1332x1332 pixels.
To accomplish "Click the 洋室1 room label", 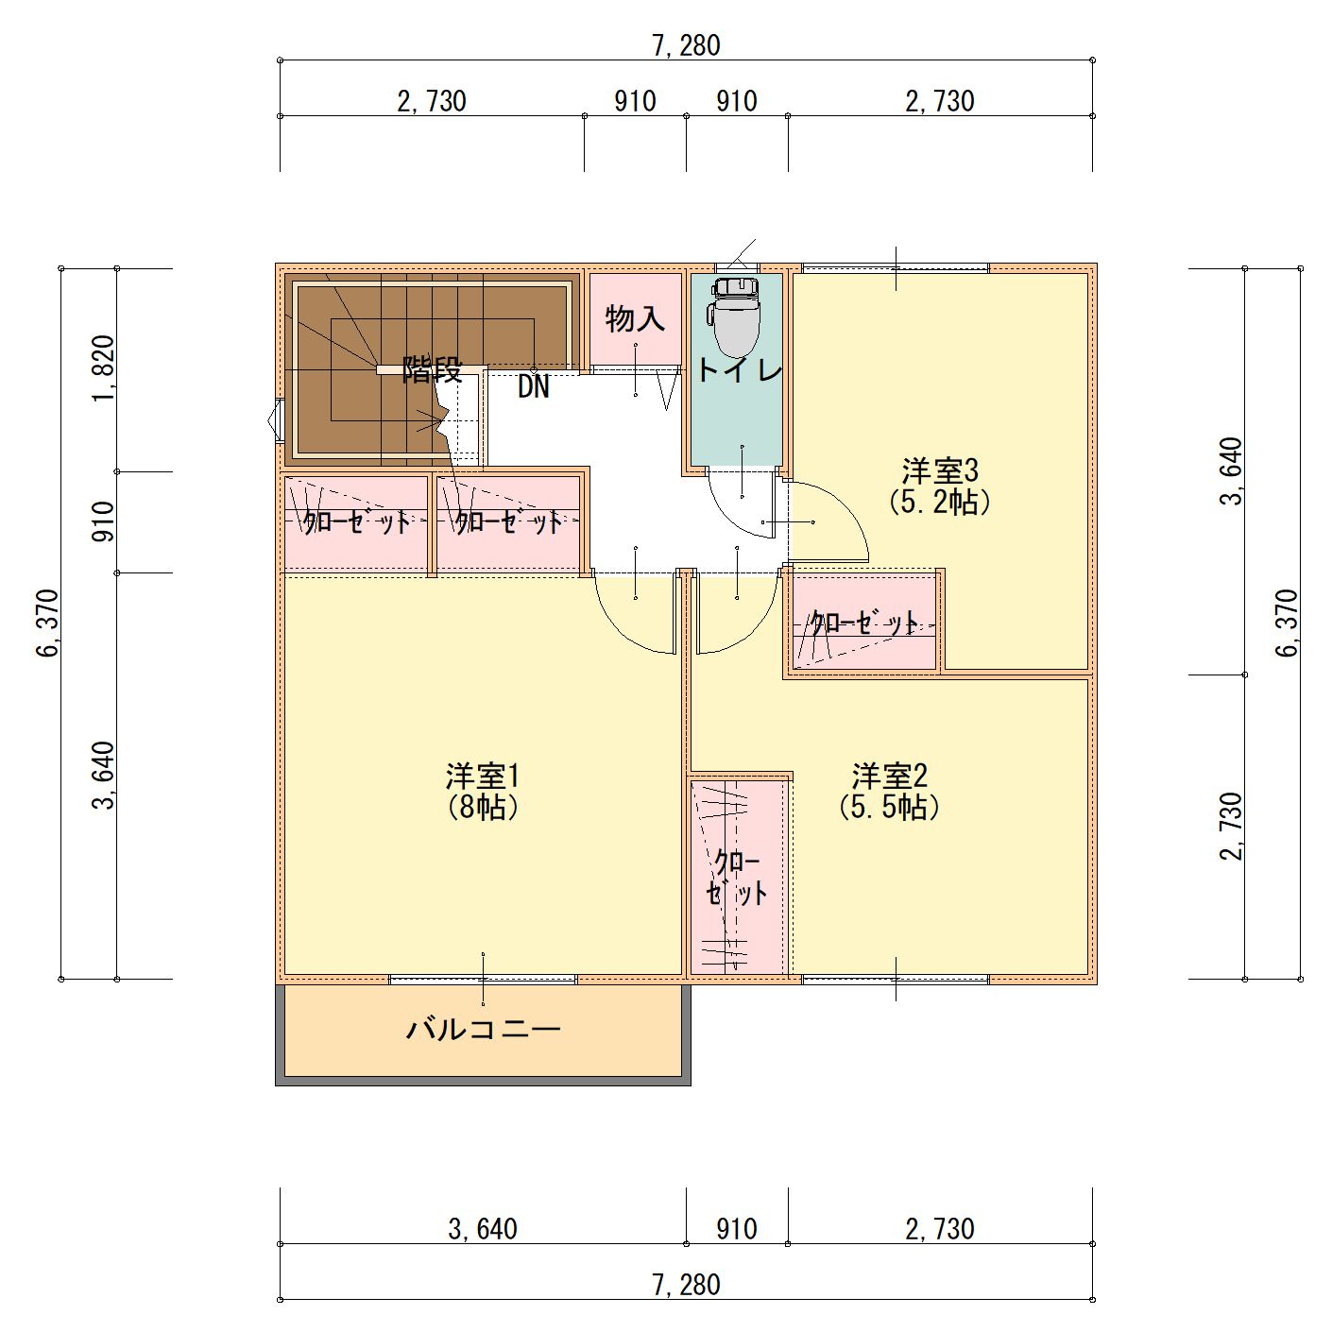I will [x=483, y=777].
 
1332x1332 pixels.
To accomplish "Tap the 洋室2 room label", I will [x=889, y=777].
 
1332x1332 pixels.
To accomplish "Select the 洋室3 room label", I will [x=939, y=470].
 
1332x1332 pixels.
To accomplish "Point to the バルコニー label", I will [x=483, y=1029].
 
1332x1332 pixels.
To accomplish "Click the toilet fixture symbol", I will [x=736, y=316].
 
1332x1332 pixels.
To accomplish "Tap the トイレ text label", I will [x=740, y=370].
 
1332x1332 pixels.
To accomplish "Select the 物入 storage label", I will [x=635, y=319].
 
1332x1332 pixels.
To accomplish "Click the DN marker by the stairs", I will [x=533, y=387].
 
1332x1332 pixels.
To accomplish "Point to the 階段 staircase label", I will [x=432, y=369].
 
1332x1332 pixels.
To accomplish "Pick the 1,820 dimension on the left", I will [x=103, y=368].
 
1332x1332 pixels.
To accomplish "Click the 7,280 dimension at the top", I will [x=686, y=45].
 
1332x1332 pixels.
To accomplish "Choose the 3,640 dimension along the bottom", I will [x=483, y=1229].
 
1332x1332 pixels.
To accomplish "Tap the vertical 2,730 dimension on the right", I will [x=1231, y=826].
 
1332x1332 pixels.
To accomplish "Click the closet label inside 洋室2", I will [x=738, y=878].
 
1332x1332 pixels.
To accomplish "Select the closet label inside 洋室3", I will [x=863, y=623].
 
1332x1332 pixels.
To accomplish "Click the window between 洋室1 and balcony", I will [x=483, y=980].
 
